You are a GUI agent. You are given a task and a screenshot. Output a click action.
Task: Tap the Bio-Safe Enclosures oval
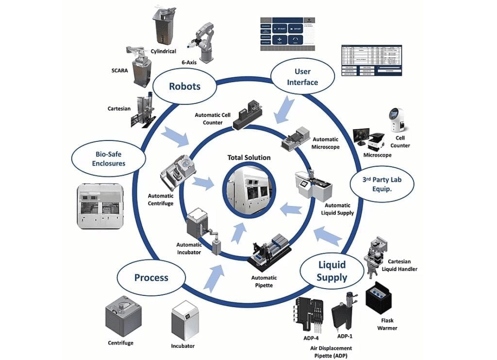109,158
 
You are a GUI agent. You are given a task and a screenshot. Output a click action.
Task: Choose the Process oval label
151,278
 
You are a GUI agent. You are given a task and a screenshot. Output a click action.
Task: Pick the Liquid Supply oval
332,271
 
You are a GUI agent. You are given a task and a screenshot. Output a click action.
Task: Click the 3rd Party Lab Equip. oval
382,183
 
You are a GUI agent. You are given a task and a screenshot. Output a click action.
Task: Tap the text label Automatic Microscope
325,143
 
